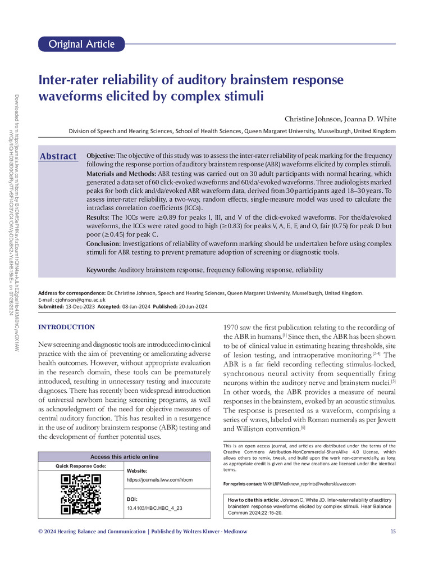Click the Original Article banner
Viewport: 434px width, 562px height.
tap(82, 44)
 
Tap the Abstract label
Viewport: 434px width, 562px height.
tap(58, 156)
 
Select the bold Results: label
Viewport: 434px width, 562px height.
tap(99, 216)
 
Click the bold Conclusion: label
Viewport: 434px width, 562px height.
tap(105, 244)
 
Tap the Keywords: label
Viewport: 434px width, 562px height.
tap(101, 270)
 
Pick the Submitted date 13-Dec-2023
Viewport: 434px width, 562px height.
tap(81, 306)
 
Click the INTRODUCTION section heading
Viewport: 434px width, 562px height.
tap(66, 327)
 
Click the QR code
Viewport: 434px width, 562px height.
tap(81, 494)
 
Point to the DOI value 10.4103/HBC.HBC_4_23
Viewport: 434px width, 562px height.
tap(155, 508)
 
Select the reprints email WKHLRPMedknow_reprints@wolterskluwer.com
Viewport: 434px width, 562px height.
tap(310, 483)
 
